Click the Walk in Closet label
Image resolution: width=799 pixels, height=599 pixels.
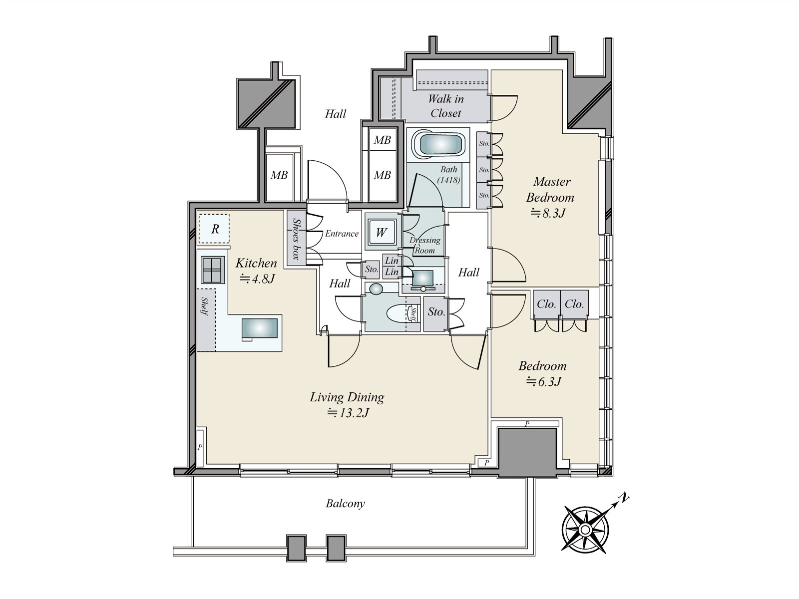[445, 106]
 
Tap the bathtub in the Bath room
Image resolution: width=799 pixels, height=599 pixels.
[438, 145]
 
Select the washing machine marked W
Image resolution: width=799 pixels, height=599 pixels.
[381, 232]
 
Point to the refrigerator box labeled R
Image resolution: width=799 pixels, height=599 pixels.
[214, 229]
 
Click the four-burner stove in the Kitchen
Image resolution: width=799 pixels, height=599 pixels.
[212, 270]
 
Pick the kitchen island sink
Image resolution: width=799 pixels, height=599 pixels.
[260, 328]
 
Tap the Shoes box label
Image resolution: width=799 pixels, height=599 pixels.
[296, 239]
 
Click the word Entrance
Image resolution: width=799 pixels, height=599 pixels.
[342, 234]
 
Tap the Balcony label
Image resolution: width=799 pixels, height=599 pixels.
[345, 503]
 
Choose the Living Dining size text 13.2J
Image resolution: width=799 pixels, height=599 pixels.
[348, 413]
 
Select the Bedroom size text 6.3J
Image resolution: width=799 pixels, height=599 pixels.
[544, 381]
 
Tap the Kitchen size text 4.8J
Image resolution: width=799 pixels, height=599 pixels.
[257, 279]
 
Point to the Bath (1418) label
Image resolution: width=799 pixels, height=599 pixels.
[449, 174]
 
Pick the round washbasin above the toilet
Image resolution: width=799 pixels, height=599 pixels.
[376, 289]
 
